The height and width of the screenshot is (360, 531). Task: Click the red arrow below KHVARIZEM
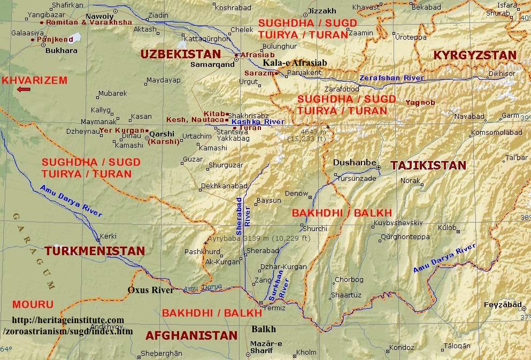[24, 89]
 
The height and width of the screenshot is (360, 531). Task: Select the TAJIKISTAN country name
[428, 165]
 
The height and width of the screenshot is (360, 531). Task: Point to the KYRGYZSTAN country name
[474, 56]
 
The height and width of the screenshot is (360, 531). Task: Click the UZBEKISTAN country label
[180, 54]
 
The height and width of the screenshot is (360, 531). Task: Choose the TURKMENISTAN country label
[95, 251]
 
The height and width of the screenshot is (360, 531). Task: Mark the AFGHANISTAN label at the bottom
[191, 335]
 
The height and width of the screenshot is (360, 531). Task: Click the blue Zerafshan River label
[391, 78]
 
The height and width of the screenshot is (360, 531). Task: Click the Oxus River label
[150, 290]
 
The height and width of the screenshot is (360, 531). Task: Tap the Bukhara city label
[62, 51]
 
